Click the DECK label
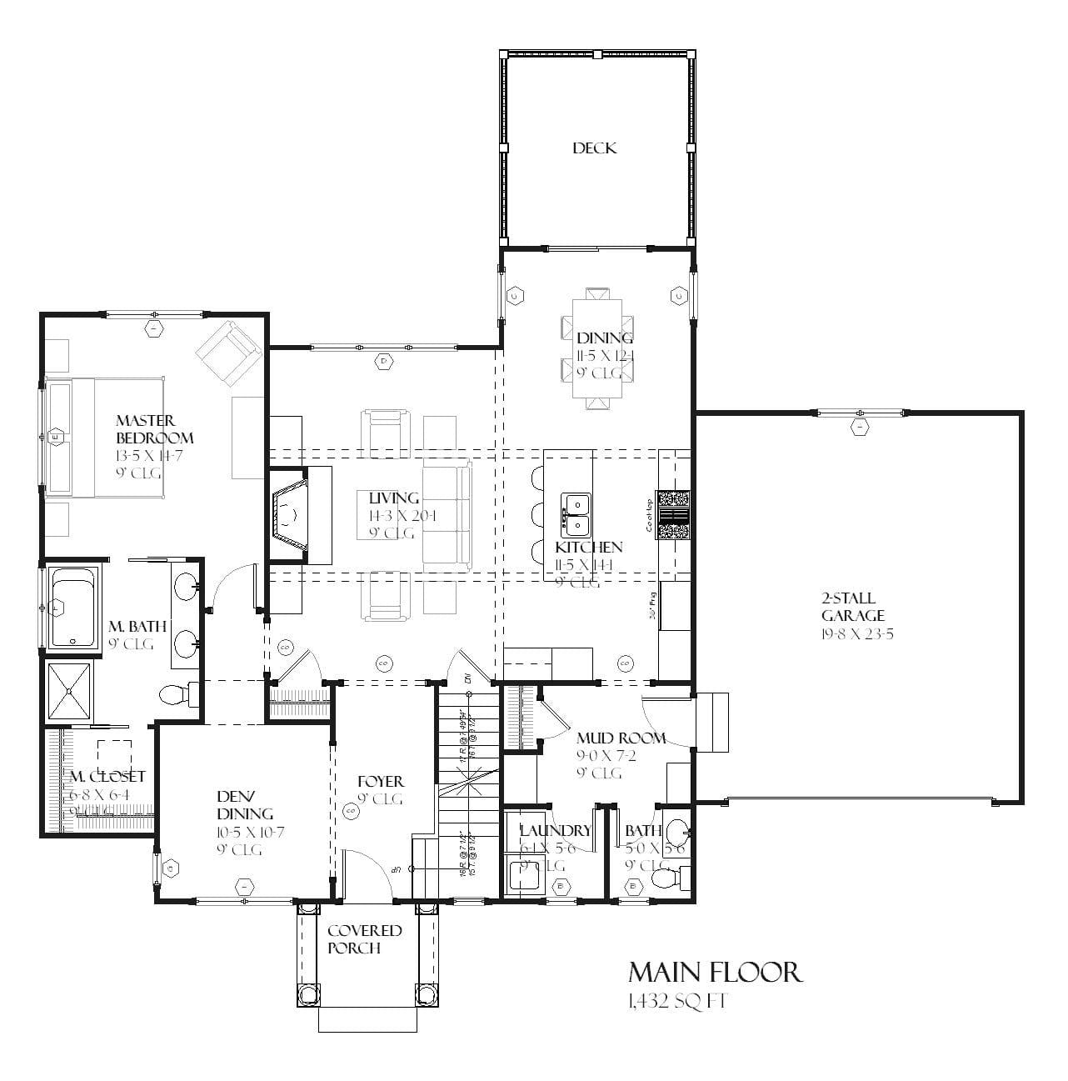click(x=594, y=148)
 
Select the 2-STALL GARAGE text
click(x=852, y=607)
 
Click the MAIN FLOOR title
click(x=715, y=972)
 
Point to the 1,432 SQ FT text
click(x=677, y=1001)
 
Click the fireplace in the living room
click(x=289, y=516)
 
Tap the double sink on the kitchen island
click(x=576, y=514)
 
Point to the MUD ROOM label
click(x=621, y=738)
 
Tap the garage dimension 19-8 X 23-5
click(x=852, y=633)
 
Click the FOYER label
click(x=380, y=782)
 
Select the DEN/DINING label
click(x=245, y=806)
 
